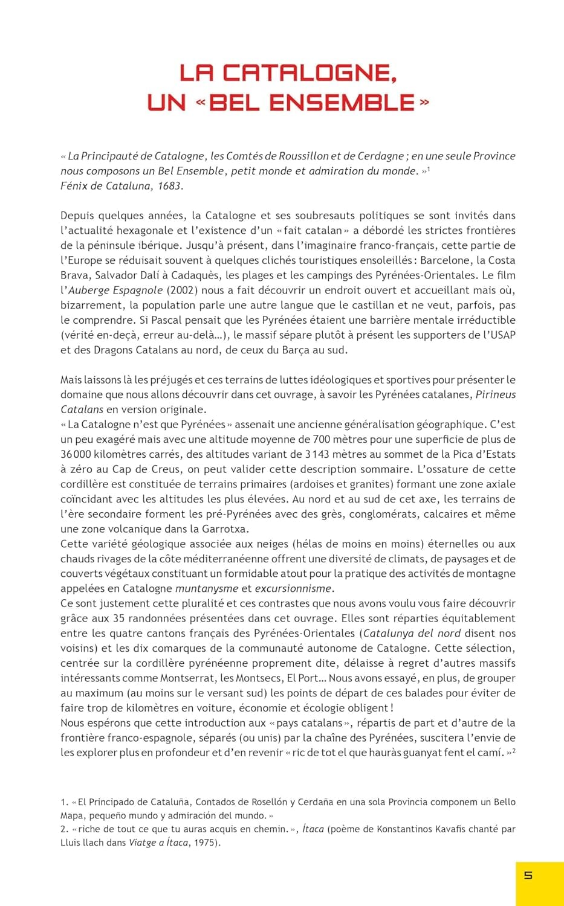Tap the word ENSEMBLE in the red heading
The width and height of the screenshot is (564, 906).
coord(342,103)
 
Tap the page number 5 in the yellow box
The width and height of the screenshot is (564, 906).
coord(528,875)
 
